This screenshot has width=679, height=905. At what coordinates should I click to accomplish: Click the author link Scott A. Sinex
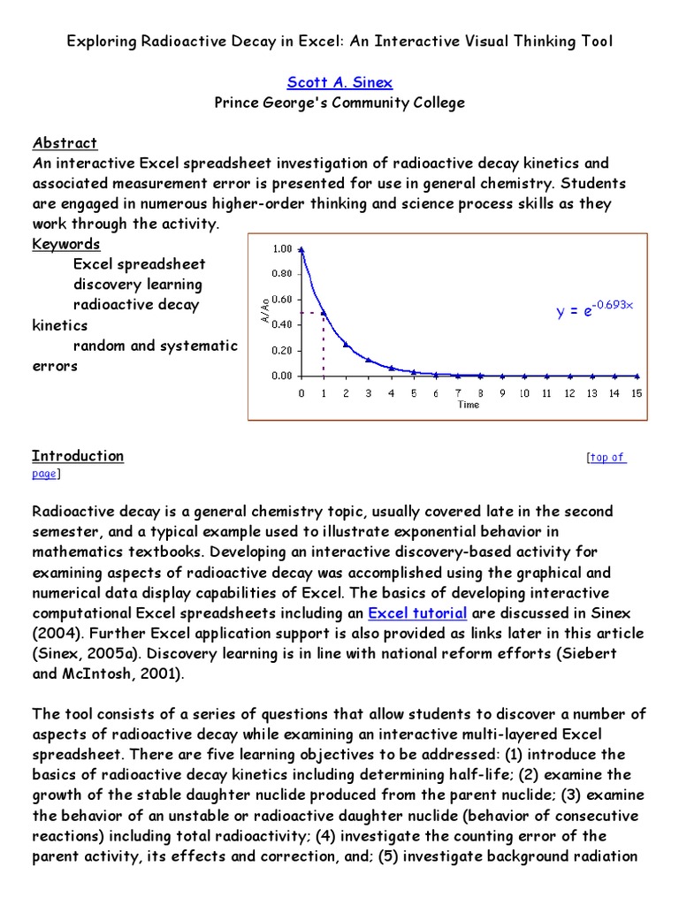click(x=339, y=82)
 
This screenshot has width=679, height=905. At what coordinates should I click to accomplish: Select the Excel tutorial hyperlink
click(x=417, y=612)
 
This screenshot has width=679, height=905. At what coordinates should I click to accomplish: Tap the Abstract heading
click(x=65, y=142)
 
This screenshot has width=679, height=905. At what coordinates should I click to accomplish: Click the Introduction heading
click(x=78, y=456)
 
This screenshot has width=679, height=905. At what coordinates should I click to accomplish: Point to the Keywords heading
click(x=66, y=244)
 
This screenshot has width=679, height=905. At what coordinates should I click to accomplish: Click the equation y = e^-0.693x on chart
click(x=594, y=309)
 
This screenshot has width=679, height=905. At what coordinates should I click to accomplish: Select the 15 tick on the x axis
click(x=636, y=392)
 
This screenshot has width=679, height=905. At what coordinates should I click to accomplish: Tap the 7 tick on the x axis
click(x=458, y=392)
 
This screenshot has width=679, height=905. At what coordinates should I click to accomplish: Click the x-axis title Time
click(x=469, y=405)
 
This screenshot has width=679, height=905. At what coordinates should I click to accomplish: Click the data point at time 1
click(x=324, y=312)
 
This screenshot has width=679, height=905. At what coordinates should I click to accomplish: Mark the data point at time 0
click(x=301, y=249)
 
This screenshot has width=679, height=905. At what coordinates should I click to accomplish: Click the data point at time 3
click(x=368, y=360)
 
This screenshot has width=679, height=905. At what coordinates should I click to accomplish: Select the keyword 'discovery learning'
click(x=137, y=285)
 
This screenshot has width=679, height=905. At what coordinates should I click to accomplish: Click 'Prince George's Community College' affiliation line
click(x=339, y=103)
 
